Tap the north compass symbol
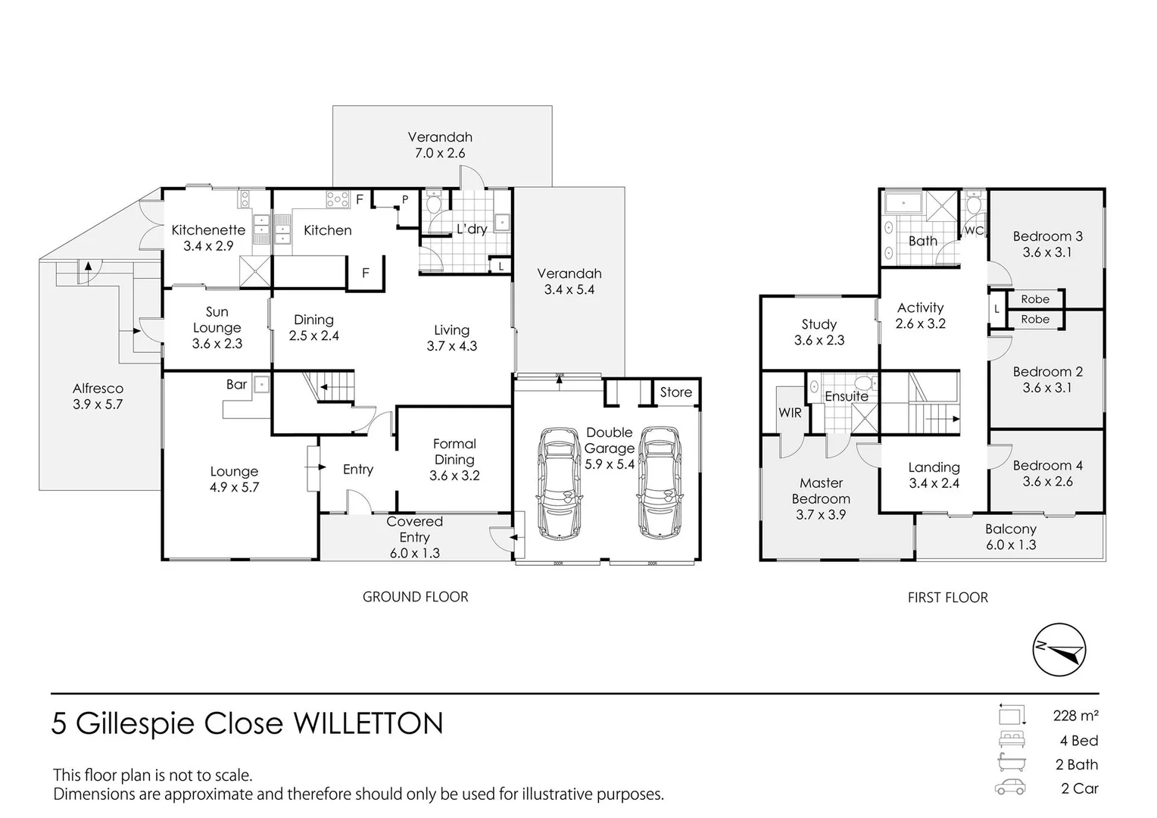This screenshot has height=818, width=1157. click(x=1059, y=650)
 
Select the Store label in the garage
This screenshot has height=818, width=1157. click(x=675, y=392)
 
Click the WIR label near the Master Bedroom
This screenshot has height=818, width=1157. click(x=790, y=413)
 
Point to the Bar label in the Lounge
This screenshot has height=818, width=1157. click(x=237, y=385)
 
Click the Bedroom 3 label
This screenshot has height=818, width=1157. click(x=1047, y=236)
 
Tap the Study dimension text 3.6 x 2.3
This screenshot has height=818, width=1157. click(x=819, y=341)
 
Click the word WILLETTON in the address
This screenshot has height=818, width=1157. click(x=367, y=724)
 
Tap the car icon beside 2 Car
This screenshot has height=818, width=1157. click(x=1011, y=788)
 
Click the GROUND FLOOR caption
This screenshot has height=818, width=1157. click(x=415, y=597)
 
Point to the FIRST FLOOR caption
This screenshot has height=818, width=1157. click(x=947, y=598)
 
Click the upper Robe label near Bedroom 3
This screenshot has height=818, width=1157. click(x=1035, y=299)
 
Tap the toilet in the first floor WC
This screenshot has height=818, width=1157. click(x=974, y=204)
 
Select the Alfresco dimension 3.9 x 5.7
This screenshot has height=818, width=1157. click(x=98, y=404)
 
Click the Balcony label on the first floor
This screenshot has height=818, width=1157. click(x=1010, y=529)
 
